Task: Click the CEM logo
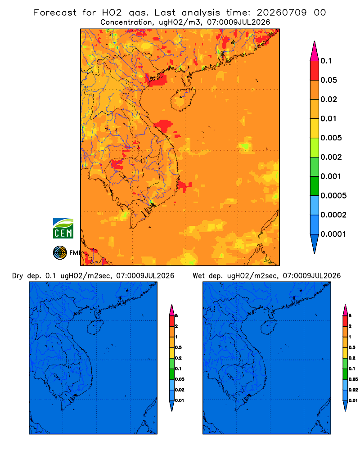pyautogui.click(x=63, y=229)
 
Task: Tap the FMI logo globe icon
pyautogui.click(x=60, y=252)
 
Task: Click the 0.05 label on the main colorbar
pyautogui.click(x=328, y=80)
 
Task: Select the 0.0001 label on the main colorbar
pyautogui.click(x=333, y=234)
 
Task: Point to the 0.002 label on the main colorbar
pyautogui.click(x=331, y=157)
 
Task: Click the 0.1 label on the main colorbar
pyautogui.click(x=326, y=61)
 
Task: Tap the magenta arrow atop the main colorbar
pyautogui.click(x=315, y=51)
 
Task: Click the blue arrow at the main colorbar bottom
pyautogui.click(x=315, y=243)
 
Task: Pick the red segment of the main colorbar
pyautogui.click(x=315, y=71)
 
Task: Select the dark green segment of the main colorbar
pyautogui.click(x=315, y=186)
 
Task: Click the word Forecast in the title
pyautogui.click(x=55, y=13)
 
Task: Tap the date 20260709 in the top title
pyautogui.click(x=282, y=13)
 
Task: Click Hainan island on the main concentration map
pyautogui.click(x=183, y=99)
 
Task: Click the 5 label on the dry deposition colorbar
pyautogui.click(x=176, y=316)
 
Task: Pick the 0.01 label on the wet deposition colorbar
pyautogui.click(x=353, y=400)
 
